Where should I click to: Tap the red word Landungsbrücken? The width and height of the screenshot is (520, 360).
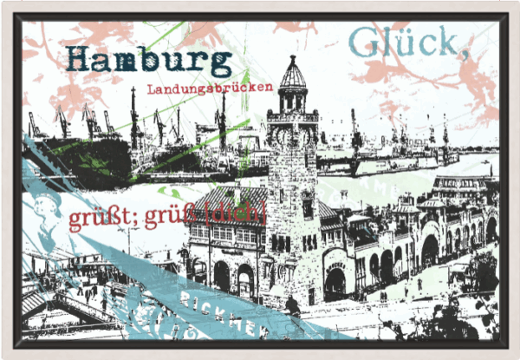point(210,88)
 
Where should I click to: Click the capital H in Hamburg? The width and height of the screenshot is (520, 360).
point(80,59)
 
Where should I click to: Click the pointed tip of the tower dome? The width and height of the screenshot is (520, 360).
point(293,57)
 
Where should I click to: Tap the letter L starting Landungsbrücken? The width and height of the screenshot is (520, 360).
point(151,88)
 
